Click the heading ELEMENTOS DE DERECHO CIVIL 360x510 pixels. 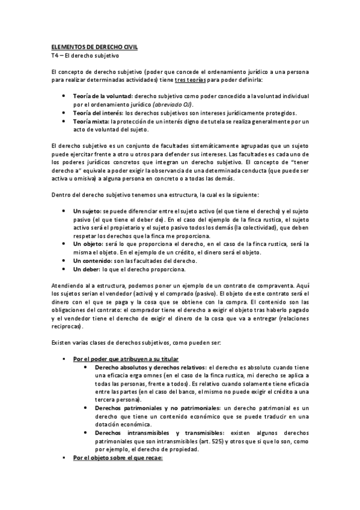click(94, 46)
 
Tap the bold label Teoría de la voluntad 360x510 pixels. click(103, 96)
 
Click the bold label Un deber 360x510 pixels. click(86, 269)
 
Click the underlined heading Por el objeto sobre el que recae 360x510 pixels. click(114, 458)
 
